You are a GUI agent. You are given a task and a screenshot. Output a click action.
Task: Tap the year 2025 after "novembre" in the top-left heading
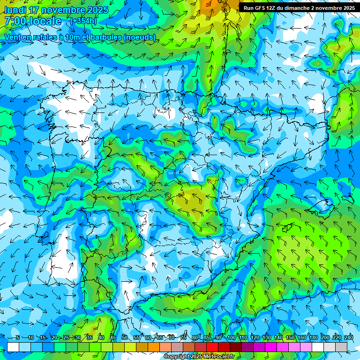(x=97, y=10)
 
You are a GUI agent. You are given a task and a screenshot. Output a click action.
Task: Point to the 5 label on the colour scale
(x=17, y=337)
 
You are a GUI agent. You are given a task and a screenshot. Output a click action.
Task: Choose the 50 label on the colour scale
(x=125, y=337)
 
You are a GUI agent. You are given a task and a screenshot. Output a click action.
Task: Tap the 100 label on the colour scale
(x=231, y=337)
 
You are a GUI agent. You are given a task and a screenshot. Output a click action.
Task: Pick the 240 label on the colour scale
(x=349, y=337)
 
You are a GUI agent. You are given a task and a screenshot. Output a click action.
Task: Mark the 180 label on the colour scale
(x=314, y=337)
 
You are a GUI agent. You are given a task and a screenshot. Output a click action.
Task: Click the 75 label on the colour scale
(x=183, y=337)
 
